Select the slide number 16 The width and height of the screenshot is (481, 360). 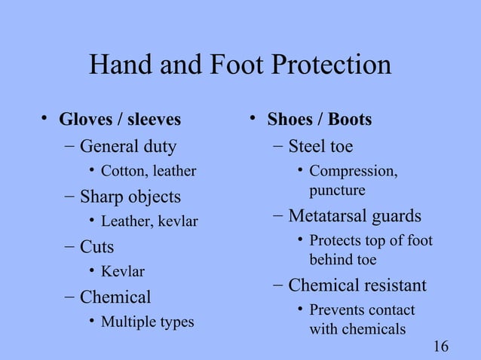(442, 346)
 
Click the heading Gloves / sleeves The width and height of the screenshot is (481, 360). (120, 120)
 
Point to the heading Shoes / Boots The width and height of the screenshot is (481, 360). (320, 120)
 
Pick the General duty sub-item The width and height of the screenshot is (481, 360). (128, 145)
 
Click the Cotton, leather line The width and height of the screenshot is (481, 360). (149, 171)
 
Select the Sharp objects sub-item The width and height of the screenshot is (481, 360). (130, 197)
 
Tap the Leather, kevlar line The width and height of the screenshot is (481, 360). (149, 221)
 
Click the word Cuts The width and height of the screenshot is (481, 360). (97, 247)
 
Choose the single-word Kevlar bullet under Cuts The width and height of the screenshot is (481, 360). (123, 272)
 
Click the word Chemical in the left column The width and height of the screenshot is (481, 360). (115, 297)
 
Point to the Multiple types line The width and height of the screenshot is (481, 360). (147, 322)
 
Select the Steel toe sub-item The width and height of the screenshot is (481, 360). (320, 145)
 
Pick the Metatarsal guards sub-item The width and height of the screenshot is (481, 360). (355, 216)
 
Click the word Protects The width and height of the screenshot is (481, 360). (335, 242)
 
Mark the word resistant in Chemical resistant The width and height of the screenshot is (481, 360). (392, 285)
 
